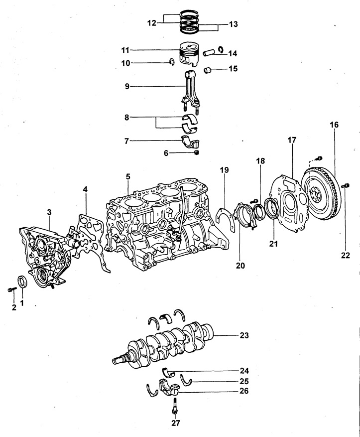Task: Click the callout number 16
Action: [x=334, y=125]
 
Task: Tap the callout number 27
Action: [x=176, y=423]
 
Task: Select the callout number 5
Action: [x=128, y=176]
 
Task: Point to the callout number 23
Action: [x=244, y=335]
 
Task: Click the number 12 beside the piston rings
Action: [x=152, y=23]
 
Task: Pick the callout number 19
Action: [x=225, y=170]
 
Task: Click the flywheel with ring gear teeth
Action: [x=321, y=193]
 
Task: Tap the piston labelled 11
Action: [x=189, y=54]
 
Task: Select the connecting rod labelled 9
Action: [x=190, y=92]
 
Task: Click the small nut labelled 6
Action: [x=197, y=152]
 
